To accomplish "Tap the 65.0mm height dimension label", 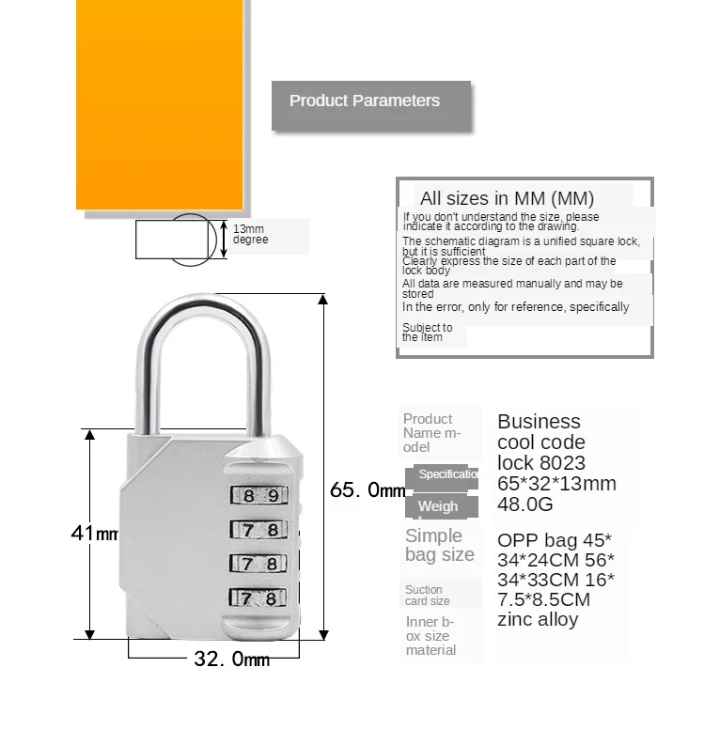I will click(x=368, y=490).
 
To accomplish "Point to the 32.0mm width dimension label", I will click(x=231, y=660).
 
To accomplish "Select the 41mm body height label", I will click(x=94, y=534).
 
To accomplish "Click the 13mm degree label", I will click(x=250, y=235).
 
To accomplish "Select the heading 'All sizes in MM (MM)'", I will click(x=507, y=198).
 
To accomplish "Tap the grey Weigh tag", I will click(x=437, y=506).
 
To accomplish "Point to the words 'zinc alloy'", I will click(x=538, y=619).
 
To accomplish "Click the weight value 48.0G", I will click(x=525, y=504).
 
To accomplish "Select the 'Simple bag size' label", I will click(x=439, y=545).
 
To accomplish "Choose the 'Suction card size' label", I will click(x=427, y=596).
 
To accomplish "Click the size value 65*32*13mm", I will click(x=556, y=484).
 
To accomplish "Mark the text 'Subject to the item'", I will click(x=427, y=333).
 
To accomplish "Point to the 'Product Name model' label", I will click(x=432, y=433).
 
